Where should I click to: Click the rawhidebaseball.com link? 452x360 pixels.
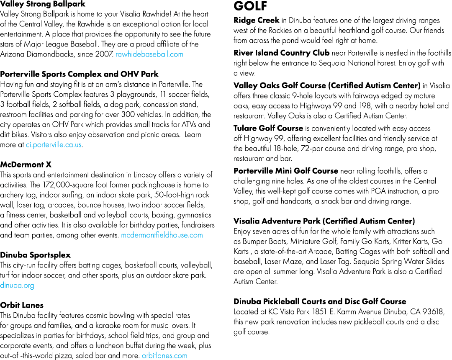tap(149, 54)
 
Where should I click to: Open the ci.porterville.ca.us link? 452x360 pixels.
tap(54, 145)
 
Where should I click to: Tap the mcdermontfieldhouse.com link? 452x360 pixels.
tap(162, 235)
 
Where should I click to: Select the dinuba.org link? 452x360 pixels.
tap(17, 285)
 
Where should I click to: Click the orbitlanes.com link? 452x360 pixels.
tap(164, 356)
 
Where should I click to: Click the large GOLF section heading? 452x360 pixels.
tap(251, 6)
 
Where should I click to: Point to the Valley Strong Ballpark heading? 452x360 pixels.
tap(43, 4)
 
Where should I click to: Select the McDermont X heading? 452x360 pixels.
tap(26, 165)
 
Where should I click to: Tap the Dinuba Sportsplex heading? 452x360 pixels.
tap(35, 255)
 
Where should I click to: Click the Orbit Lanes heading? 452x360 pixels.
tap(22, 305)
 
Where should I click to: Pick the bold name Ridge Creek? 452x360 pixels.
tap(256, 20)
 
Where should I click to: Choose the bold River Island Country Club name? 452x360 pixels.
tap(281, 53)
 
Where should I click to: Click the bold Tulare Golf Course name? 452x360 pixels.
tap(268, 128)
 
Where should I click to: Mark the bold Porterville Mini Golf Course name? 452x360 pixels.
tap(286, 171)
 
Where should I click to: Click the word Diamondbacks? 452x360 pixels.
tap(50, 54)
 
